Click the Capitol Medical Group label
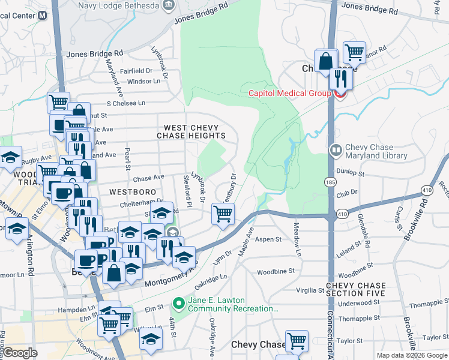290,93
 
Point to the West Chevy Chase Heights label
191,131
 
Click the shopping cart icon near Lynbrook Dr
223,213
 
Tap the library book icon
336,149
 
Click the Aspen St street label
269,239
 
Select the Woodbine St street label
276,271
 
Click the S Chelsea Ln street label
126,103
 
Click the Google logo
20,353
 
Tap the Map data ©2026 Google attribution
412,355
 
